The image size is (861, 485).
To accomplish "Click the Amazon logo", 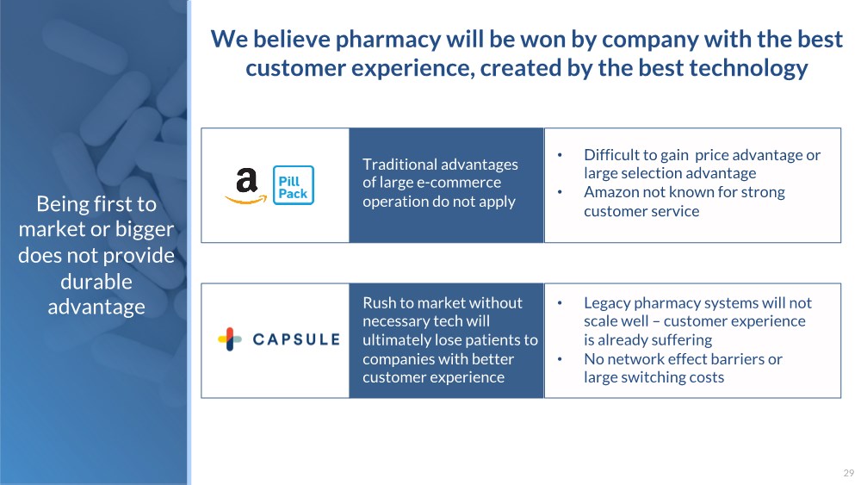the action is pos(246,186).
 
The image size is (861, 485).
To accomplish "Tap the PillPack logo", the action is pos(294,185).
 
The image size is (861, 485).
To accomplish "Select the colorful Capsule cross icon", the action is pos(230,339).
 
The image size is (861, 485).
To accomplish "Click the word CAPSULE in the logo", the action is pos(296,339).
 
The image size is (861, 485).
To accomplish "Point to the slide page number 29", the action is pos(848,472).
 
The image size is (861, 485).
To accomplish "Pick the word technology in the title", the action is pos(748,68).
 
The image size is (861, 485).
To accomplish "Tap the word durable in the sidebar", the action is pos(96,281).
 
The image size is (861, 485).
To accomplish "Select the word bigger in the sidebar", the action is pos(145,230).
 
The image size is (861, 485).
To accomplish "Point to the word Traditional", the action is pos(400,165).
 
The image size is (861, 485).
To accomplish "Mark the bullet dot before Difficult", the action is pos(560,155).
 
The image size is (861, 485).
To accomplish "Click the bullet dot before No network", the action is pos(560,359).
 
